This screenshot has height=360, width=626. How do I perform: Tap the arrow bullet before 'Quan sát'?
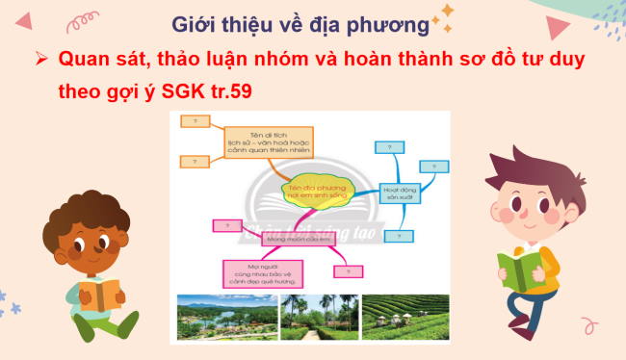(x=41, y=59)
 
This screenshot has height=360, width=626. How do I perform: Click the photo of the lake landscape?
(x=222, y=318)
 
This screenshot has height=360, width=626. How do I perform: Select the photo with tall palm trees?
(x=318, y=318)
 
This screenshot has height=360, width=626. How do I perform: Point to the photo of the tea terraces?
(x=405, y=317)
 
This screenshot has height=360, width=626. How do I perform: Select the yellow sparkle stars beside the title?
(x=446, y=16)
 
